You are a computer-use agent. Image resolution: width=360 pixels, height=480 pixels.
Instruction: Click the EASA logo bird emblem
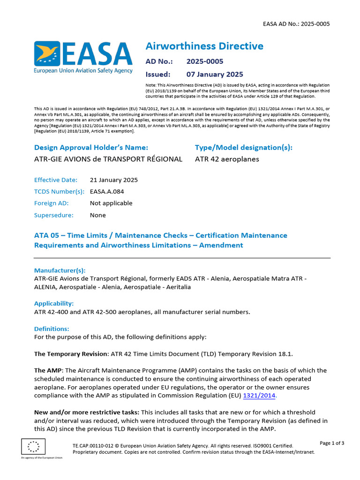[46, 53]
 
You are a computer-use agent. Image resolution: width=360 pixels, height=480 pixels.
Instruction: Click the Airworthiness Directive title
[204, 46]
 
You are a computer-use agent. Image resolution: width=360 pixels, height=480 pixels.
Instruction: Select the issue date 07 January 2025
[215, 74]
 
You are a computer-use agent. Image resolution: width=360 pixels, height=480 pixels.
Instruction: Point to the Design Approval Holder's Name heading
[91, 148]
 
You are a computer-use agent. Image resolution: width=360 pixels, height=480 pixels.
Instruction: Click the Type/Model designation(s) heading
[243, 148]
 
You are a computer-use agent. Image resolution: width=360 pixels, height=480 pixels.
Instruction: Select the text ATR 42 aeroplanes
[227, 159]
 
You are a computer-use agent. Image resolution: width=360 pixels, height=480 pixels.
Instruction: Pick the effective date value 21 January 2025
[114, 180]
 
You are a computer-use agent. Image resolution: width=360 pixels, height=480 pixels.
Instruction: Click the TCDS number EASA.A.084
[107, 192]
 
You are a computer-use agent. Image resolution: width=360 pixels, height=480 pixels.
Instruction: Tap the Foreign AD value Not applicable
[111, 203]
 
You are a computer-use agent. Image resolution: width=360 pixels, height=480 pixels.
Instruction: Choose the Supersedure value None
[98, 215]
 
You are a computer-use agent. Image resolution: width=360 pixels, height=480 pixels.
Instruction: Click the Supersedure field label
[53, 215]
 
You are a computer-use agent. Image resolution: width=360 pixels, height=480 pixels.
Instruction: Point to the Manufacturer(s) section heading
[60, 270]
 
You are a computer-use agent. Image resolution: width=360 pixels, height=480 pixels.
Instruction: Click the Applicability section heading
[54, 303]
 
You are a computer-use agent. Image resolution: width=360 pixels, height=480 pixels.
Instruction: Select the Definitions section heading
[52, 329]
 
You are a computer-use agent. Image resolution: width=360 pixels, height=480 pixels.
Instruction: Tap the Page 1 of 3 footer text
[332, 443]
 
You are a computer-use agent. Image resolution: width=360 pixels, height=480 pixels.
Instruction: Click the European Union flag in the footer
[33, 446]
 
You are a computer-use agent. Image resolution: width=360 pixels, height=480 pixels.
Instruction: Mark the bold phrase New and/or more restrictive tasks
[87, 412]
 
